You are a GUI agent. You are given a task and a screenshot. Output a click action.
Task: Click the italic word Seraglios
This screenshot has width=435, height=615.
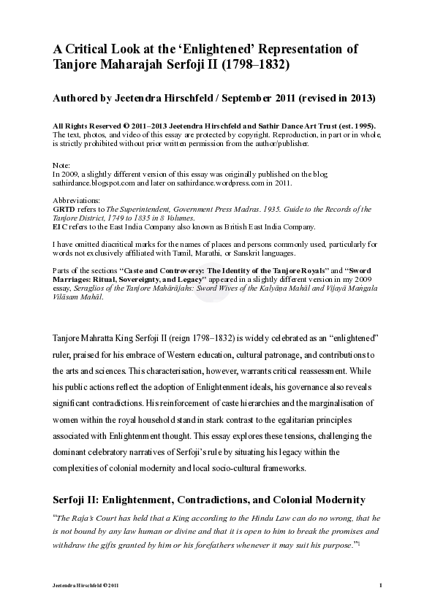(x=88, y=289)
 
